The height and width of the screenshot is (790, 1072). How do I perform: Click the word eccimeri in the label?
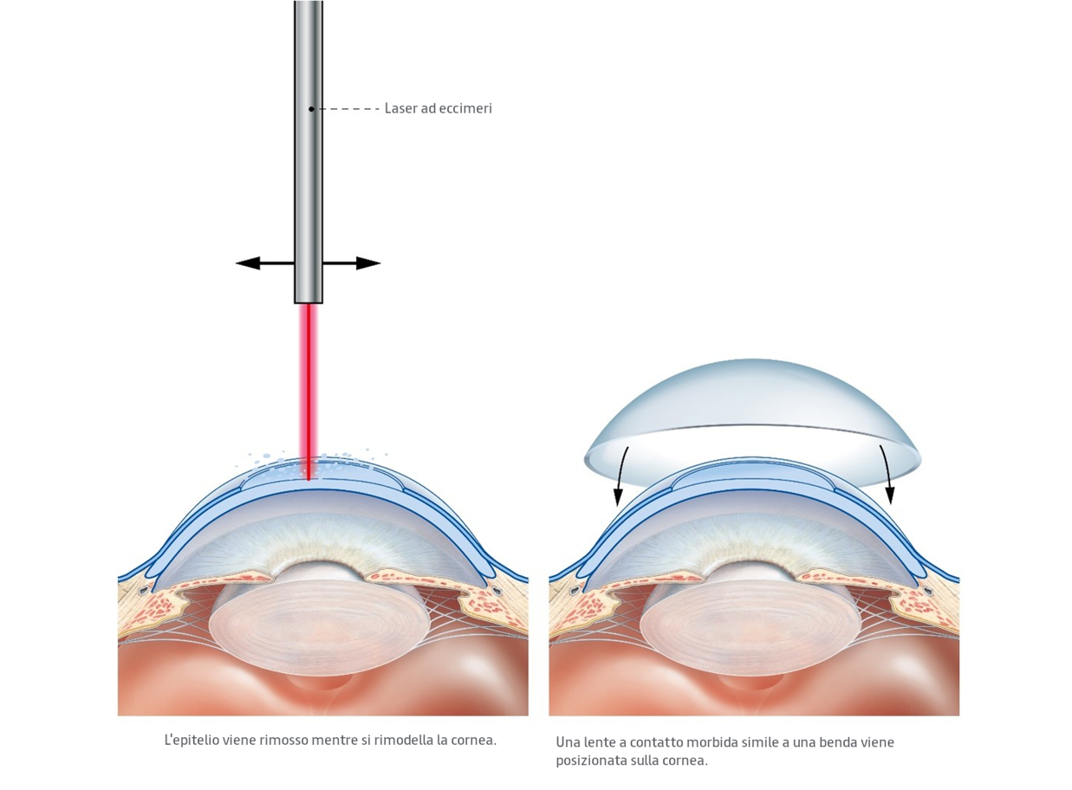pyautogui.click(x=465, y=108)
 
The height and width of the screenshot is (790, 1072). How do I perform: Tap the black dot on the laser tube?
pyautogui.click(x=311, y=108)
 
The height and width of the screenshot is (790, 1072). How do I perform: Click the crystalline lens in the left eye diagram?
pyautogui.click(x=321, y=628)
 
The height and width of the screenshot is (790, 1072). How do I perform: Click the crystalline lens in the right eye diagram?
pyautogui.click(x=751, y=628)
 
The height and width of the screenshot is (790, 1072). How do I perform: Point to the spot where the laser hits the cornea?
pyautogui.click(x=309, y=476)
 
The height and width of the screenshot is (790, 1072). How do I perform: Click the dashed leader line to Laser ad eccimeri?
pyautogui.click(x=347, y=108)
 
